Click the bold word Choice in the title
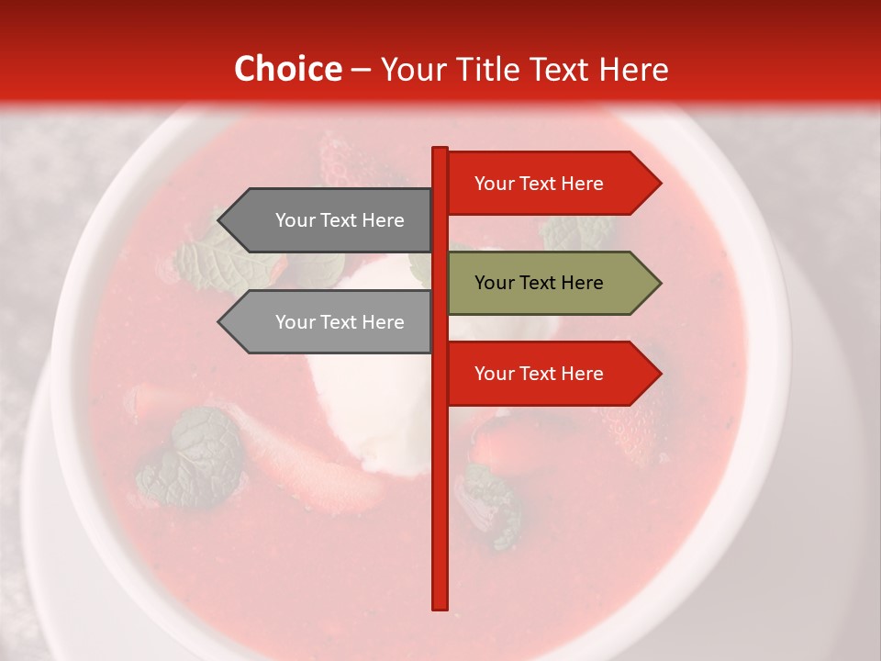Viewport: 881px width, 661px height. pyautogui.click(x=287, y=70)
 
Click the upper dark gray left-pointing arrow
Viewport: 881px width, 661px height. pyautogui.click(x=330, y=220)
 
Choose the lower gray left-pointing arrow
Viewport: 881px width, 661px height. pyautogui.click(x=330, y=322)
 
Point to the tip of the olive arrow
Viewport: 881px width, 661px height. pyautogui.click(x=660, y=283)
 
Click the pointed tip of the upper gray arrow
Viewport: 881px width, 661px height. pyautogui.click(x=219, y=220)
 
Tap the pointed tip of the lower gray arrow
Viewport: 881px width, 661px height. pyautogui.click(x=219, y=322)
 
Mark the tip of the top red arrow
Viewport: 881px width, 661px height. pyautogui.click(x=660, y=183)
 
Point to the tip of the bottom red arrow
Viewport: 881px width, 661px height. pyautogui.click(x=660, y=374)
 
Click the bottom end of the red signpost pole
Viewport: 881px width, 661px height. pyautogui.click(x=440, y=606)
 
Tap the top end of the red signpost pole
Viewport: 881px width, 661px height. pyautogui.click(x=440, y=150)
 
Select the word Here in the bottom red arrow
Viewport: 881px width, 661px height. pyautogui.click(x=582, y=374)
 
